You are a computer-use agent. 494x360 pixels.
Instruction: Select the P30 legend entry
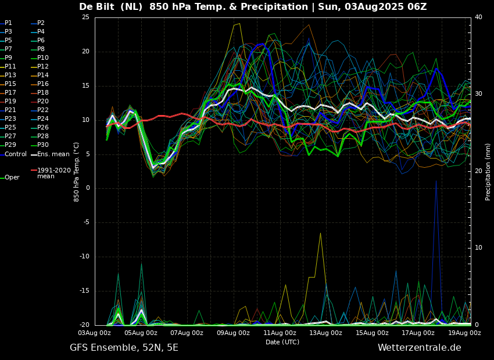(x=43, y=145)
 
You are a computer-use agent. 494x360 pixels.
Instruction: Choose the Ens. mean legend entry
(x=53, y=154)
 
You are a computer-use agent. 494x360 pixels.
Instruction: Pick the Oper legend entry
(x=12, y=178)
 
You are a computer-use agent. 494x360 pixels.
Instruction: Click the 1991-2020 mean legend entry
(x=53, y=173)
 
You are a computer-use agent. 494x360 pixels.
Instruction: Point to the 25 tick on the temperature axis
(x=85, y=17)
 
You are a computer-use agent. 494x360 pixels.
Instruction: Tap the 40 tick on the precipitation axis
(x=478, y=17)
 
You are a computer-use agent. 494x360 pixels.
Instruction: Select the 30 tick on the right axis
(x=478, y=94)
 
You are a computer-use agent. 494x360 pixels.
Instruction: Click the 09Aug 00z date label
(x=233, y=333)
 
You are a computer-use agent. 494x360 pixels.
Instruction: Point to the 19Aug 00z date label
(x=464, y=333)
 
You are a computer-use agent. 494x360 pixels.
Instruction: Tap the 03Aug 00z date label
(x=95, y=333)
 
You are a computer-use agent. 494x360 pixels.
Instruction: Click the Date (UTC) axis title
(x=282, y=342)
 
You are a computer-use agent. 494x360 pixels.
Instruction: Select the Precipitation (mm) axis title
(x=488, y=172)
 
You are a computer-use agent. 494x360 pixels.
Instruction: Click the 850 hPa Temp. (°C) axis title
(x=77, y=172)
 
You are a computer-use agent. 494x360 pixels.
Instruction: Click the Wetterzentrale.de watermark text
(x=419, y=348)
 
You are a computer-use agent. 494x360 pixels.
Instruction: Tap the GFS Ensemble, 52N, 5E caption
(x=124, y=348)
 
